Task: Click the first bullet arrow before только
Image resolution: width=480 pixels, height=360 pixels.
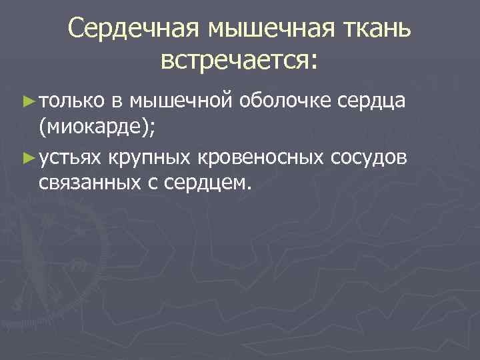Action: pyautogui.click(x=27, y=101)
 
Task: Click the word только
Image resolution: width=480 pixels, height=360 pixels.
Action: pyautogui.click(x=71, y=101)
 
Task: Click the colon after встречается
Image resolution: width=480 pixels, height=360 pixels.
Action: pyautogui.click(x=315, y=63)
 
